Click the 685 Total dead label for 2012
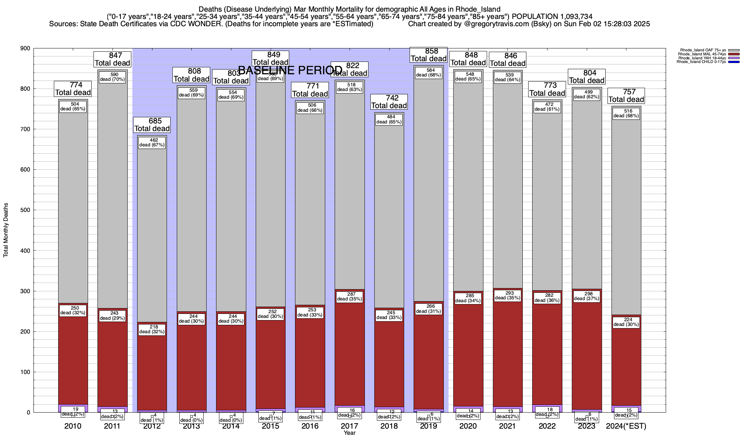pos(152,125)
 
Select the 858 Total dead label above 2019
pos(429,55)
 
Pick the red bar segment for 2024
pos(626,364)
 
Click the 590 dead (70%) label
pos(112,77)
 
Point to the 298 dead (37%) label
pos(586,296)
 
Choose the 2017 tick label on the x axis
pos(350,426)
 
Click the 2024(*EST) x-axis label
pos(626,426)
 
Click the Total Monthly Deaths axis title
pos(6,230)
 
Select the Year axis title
pos(350,433)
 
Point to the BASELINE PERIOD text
pos(290,70)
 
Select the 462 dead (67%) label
pos(152,142)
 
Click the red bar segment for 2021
pos(507,364)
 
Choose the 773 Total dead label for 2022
pos(547,89)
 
